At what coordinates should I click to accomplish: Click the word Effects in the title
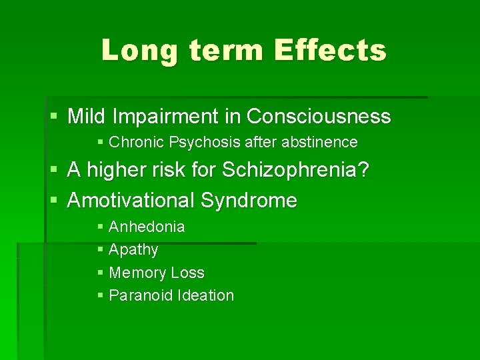[x=330, y=50]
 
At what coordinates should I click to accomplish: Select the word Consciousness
[x=319, y=117]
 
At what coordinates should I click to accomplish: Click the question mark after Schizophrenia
[x=363, y=171]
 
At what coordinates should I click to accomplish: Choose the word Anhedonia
[x=147, y=227]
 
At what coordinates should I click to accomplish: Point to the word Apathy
[x=133, y=250]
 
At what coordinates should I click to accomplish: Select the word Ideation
[x=206, y=295]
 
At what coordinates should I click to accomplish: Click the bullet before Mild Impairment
[x=54, y=117]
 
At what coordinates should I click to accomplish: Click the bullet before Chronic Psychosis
[x=100, y=143]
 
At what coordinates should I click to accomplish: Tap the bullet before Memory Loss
[x=100, y=273]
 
